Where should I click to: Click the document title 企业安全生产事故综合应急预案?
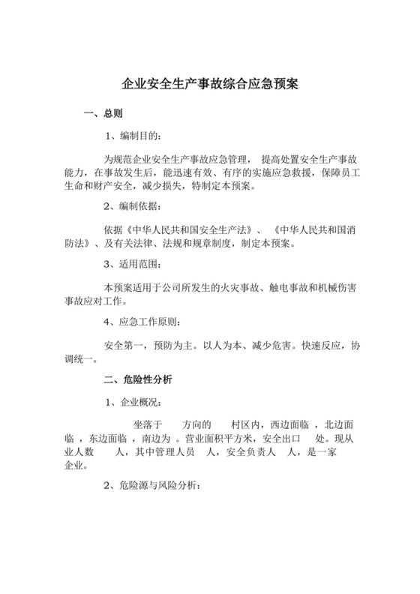click(x=209, y=84)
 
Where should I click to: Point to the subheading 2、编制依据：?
click(x=132, y=205)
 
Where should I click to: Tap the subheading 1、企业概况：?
click(x=132, y=402)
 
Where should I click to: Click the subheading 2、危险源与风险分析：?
click(x=151, y=485)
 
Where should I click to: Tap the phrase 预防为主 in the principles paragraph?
click(x=171, y=347)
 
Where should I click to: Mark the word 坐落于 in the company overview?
click(x=147, y=424)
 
